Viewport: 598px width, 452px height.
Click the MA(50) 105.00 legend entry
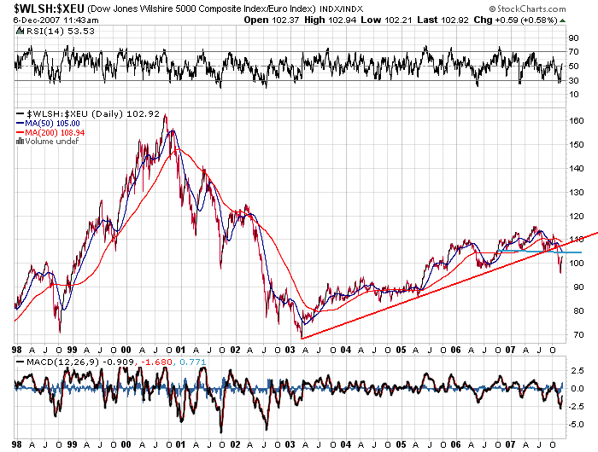tap(53, 124)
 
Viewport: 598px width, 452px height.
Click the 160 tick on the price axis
tap(578, 121)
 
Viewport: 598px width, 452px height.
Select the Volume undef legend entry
tap(50, 142)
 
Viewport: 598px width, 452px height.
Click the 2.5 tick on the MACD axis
tap(577, 369)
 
